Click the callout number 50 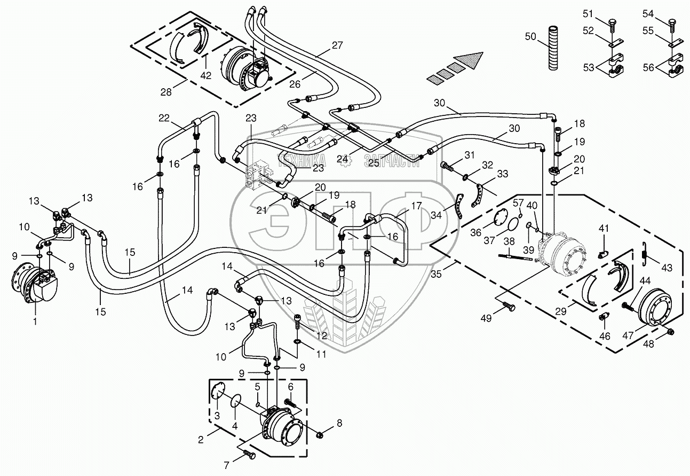pyautogui.click(x=530, y=36)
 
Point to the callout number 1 pyautogui.click(x=35, y=322)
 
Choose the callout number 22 pyautogui.click(x=164, y=118)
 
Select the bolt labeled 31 pyautogui.click(x=447, y=166)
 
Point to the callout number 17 pyautogui.click(x=416, y=205)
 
